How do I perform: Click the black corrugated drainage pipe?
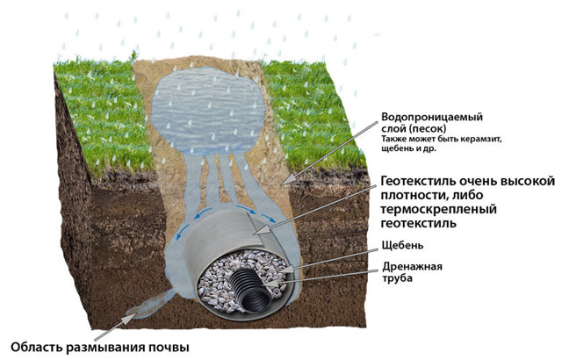(x=252, y=291)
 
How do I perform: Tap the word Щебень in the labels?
(x=402, y=245)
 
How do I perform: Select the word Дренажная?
(x=412, y=267)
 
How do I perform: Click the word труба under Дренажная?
(x=397, y=278)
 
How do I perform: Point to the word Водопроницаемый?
(x=432, y=117)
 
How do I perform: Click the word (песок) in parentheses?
(x=428, y=128)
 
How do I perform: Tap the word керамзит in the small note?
(x=482, y=139)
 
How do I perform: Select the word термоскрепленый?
(x=438, y=209)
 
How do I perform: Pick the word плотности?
(x=413, y=196)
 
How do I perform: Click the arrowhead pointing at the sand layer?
(x=287, y=180)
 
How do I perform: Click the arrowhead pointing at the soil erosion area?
(x=130, y=317)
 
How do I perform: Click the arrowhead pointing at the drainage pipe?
(x=270, y=284)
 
